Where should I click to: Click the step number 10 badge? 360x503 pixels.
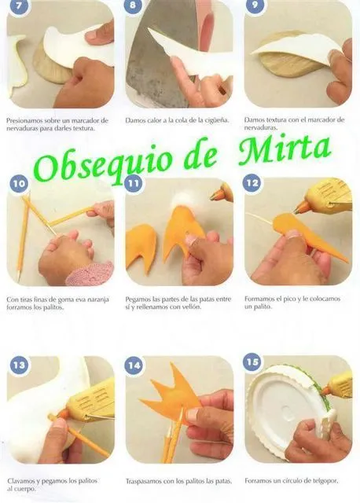click(x=19, y=183)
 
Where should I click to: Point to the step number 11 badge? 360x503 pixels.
click(x=133, y=183)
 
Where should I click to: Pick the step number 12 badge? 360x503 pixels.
click(x=252, y=183)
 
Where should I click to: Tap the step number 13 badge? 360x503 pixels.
click(x=19, y=365)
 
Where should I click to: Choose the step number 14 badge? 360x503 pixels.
click(x=134, y=365)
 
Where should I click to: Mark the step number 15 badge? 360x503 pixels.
click(x=252, y=362)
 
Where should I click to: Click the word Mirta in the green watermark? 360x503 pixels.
click(x=285, y=150)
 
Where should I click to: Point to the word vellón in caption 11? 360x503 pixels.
click(x=192, y=307)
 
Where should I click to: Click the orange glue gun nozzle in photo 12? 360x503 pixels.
click(x=301, y=208)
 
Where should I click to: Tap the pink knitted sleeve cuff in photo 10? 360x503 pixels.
click(x=90, y=274)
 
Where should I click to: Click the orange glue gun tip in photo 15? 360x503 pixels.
click(x=325, y=391)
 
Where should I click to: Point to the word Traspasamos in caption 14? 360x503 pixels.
click(x=144, y=482)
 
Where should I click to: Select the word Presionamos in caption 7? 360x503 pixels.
click(x=24, y=121)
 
